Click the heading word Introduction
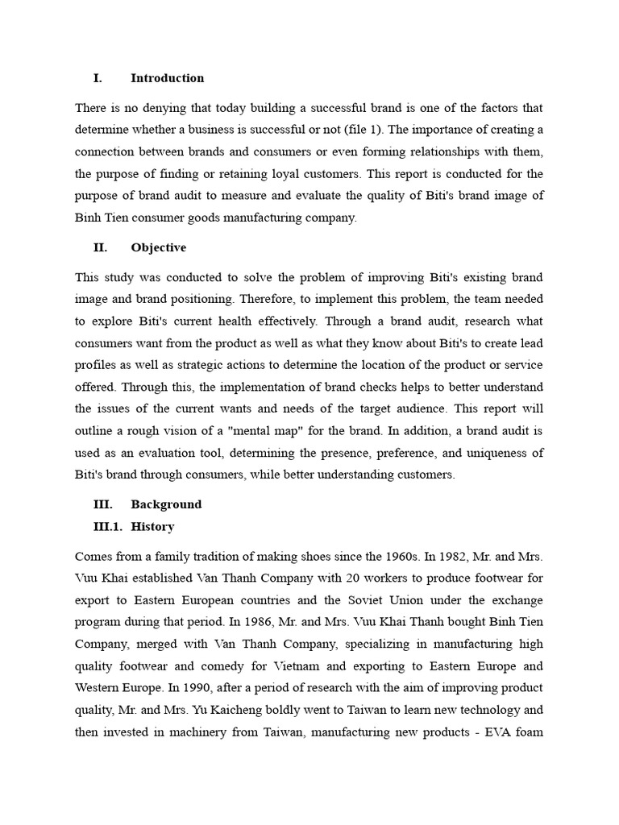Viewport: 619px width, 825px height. pos(167,78)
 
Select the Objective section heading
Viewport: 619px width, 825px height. pos(158,247)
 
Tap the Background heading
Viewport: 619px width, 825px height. pos(166,504)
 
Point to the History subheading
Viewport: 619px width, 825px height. pos(152,526)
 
